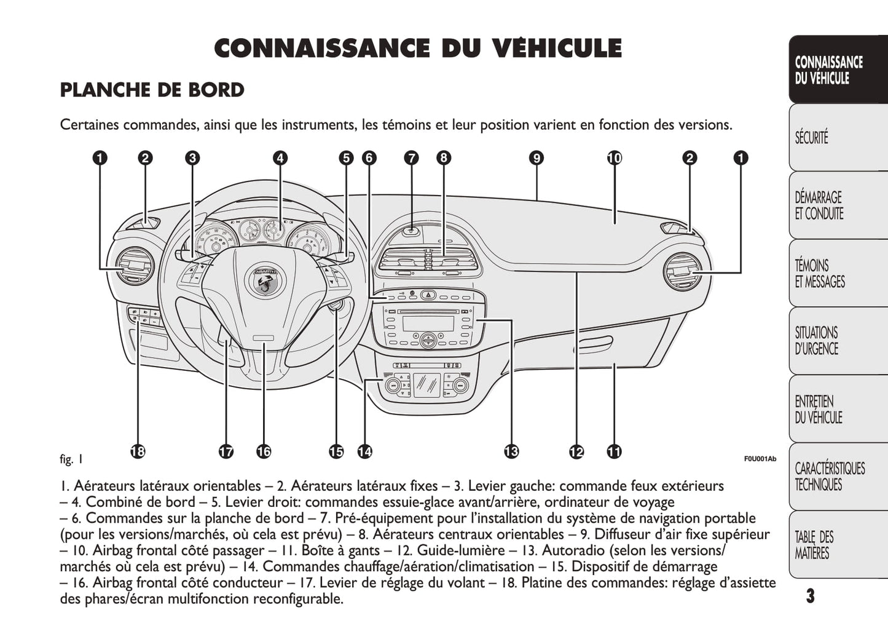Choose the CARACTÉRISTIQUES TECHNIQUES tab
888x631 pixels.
tap(830, 477)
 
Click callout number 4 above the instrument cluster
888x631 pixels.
tap(280, 158)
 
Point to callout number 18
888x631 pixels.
tap(138, 451)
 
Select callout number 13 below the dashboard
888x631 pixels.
tap(511, 451)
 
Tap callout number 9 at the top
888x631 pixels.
tap(536, 158)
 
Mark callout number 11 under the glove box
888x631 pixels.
tap(614, 451)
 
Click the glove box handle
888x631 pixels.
tap(594, 344)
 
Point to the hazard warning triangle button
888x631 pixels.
tap(428, 296)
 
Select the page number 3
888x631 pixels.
tap(810, 595)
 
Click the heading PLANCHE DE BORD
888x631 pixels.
tap(152, 90)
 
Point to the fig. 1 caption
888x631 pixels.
tap(71, 459)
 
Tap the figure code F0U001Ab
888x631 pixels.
tap(760, 459)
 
